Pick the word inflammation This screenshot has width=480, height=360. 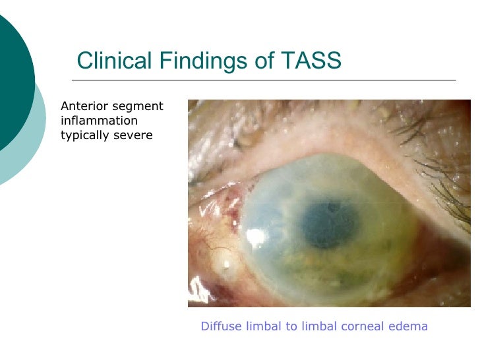tap(99, 121)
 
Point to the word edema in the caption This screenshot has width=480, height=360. tap(410, 326)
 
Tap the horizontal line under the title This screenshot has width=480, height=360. tap(264, 80)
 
